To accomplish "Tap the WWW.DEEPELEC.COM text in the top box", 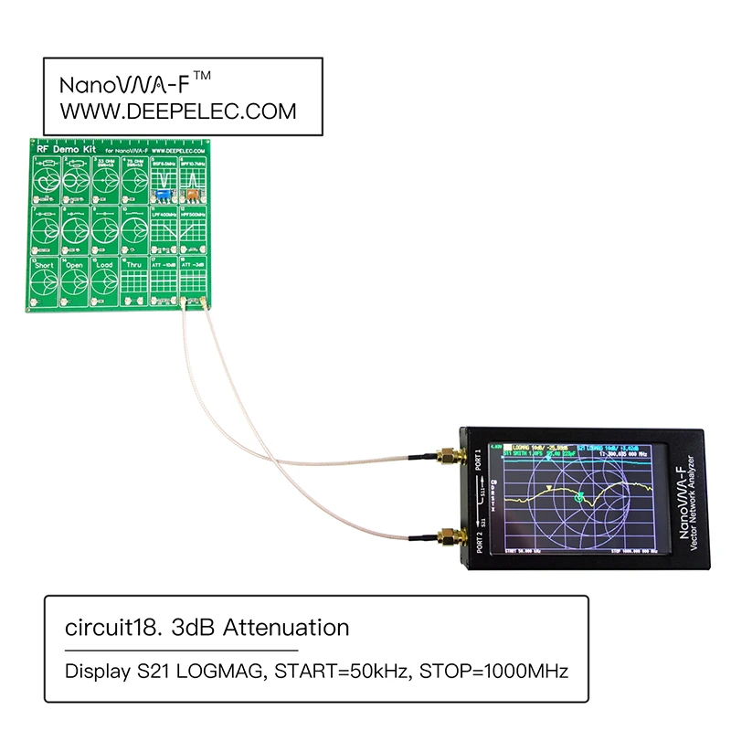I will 178,111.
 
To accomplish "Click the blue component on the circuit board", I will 162,195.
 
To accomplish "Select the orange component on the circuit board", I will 192,195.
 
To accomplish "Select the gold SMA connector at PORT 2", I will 448,536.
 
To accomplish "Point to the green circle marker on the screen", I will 579,499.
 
